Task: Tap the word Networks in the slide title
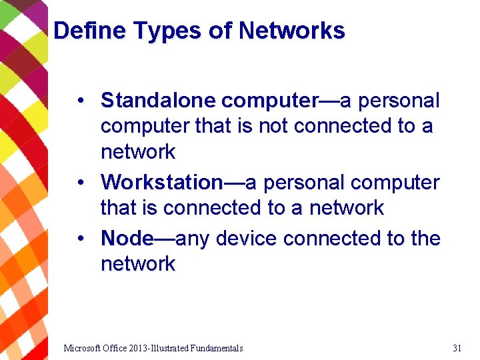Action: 292,31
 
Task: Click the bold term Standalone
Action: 158,101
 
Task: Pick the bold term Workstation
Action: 162,182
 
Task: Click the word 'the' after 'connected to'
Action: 425,238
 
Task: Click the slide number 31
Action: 457,348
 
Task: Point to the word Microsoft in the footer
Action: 83,348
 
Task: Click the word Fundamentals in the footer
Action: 217,348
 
